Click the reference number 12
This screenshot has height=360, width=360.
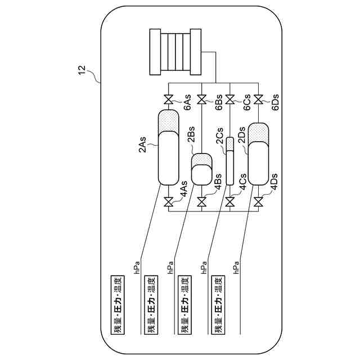coord(82,71)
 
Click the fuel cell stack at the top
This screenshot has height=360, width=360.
coord(175,52)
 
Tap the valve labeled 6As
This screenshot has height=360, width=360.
coord(168,101)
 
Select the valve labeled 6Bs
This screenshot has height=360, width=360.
coord(202,101)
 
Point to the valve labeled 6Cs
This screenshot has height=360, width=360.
coord(229,101)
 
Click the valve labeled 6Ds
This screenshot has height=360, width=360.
coord(258,101)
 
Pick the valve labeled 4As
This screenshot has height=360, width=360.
coord(168,202)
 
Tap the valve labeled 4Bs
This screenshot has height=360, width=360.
coord(202,202)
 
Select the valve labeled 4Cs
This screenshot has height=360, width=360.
coord(229,202)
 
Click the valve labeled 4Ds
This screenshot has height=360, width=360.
coord(258,202)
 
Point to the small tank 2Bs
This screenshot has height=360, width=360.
coord(202,169)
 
